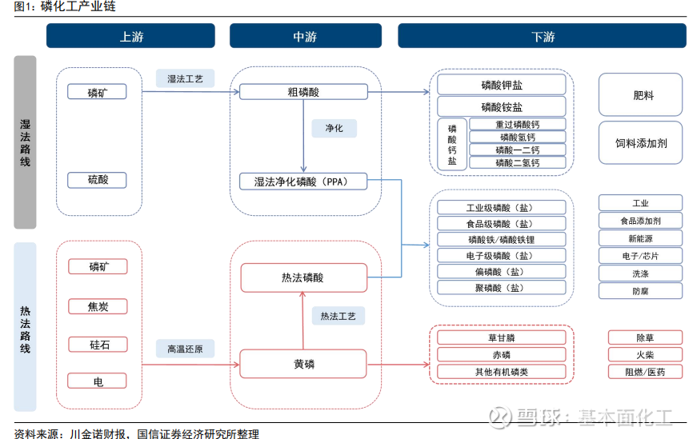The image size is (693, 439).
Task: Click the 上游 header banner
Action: click(130, 36)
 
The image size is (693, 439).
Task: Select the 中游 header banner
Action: click(305, 36)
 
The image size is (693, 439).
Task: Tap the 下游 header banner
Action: click(543, 36)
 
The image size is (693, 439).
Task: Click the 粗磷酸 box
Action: click(303, 92)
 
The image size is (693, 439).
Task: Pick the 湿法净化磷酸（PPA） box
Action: click(303, 182)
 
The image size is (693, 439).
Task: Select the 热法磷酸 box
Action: click(303, 277)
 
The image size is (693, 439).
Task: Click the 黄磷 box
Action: click(303, 364)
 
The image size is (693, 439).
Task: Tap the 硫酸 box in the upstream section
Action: click(98, 180)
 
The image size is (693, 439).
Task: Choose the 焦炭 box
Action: click(98, 305)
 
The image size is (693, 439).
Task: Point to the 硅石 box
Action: click(98, 345)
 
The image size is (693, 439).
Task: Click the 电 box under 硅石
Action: click(98, 381)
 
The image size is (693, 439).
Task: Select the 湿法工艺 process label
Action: click(185, 78)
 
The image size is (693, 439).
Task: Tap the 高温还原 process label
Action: click(185, 349)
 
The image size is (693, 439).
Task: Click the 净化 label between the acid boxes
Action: click(334, 128)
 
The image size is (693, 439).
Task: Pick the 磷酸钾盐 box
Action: click(501, 85)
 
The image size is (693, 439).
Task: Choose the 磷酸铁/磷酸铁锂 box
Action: click(501, 239)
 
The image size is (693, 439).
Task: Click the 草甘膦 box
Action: click(501, 337)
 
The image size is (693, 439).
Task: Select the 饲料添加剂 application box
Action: click(641, 143)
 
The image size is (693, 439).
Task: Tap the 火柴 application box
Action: click(641, 354)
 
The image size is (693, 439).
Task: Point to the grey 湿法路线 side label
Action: click(25, 142)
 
